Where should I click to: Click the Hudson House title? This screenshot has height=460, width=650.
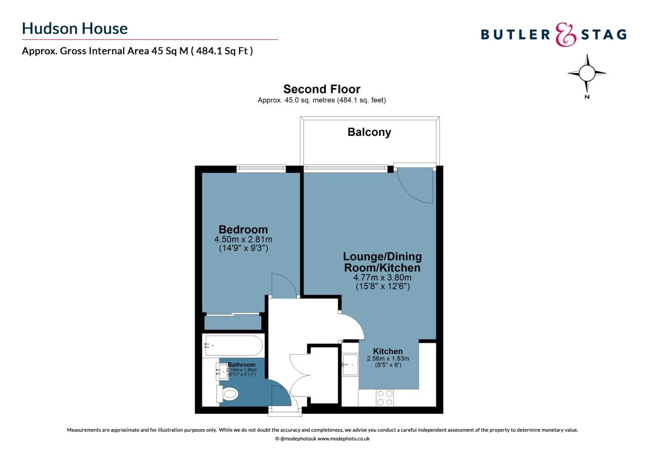point(75,29)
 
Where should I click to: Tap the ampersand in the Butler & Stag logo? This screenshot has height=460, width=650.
point(565,34)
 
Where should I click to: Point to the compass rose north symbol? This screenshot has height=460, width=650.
point(587,74)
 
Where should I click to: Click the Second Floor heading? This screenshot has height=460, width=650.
point(322,89)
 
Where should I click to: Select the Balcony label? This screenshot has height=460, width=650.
point(369,132)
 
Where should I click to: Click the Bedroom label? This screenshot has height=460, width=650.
point(243,230)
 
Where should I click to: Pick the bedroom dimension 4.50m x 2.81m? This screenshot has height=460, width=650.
point(243,239)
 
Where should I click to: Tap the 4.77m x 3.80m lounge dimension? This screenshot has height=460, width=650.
point(382,278)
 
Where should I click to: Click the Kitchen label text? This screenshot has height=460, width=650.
point(388,351)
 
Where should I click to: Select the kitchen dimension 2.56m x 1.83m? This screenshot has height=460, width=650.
point(388,359)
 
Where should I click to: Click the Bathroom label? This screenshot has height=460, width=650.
point(242,365)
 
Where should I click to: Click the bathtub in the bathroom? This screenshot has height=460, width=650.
point(234,345)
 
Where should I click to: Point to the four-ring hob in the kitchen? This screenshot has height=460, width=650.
point(385,398)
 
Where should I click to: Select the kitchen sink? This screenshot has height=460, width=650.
point(351,365)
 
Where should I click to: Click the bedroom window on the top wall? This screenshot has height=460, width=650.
point(261,168)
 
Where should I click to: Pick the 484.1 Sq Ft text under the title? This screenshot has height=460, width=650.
point(221,51)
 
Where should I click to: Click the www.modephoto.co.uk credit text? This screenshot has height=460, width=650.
point(343,439)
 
